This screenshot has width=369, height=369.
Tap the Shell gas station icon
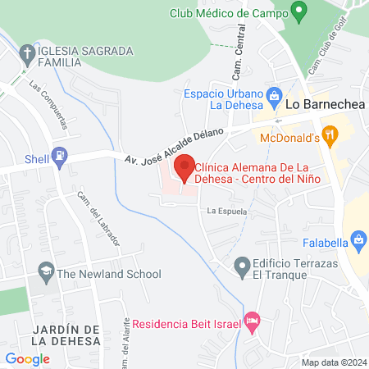tap(59, 154)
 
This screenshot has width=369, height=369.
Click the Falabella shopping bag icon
tap(358, 239)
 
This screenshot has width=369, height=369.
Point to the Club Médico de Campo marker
tap(299, 12)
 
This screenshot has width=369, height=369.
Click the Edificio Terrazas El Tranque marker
tap(242, 266)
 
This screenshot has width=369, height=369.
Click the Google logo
tap(27, 358)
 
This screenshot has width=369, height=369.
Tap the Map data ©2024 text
tap(332, 362)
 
